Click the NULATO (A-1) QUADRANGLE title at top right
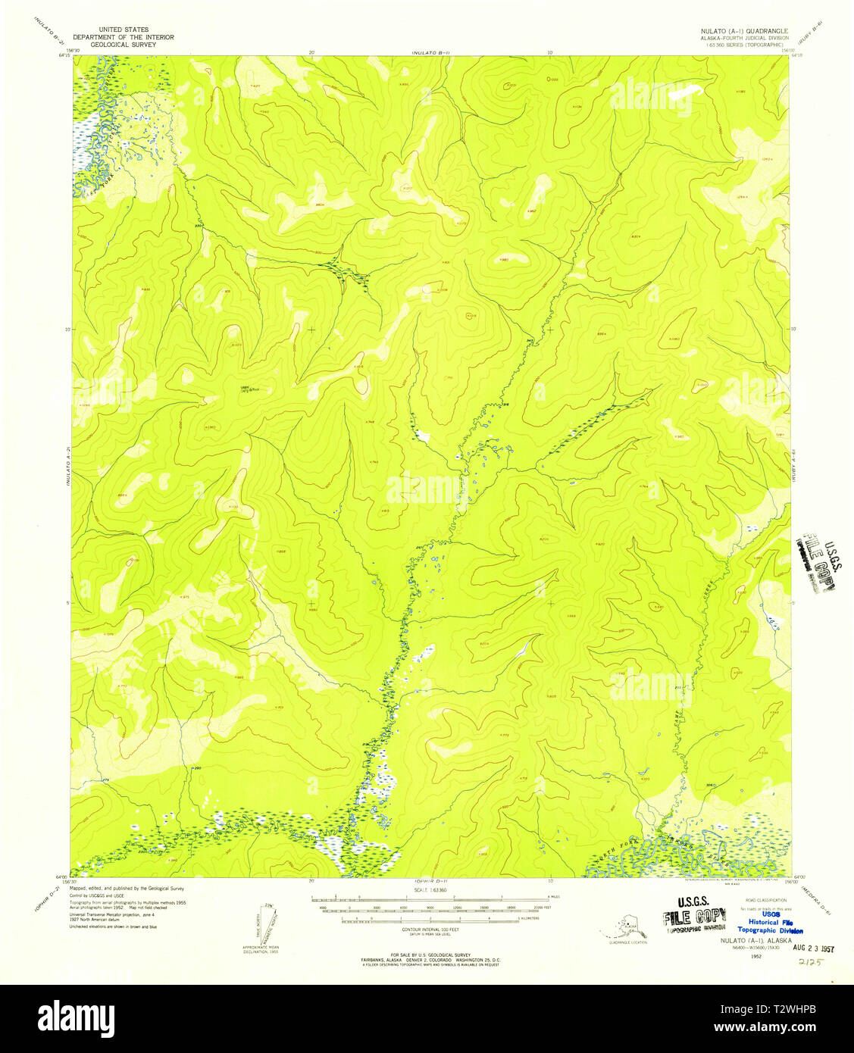pos(738,31)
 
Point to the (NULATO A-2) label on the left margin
pos(68,466)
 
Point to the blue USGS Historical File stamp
pos(769,922)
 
